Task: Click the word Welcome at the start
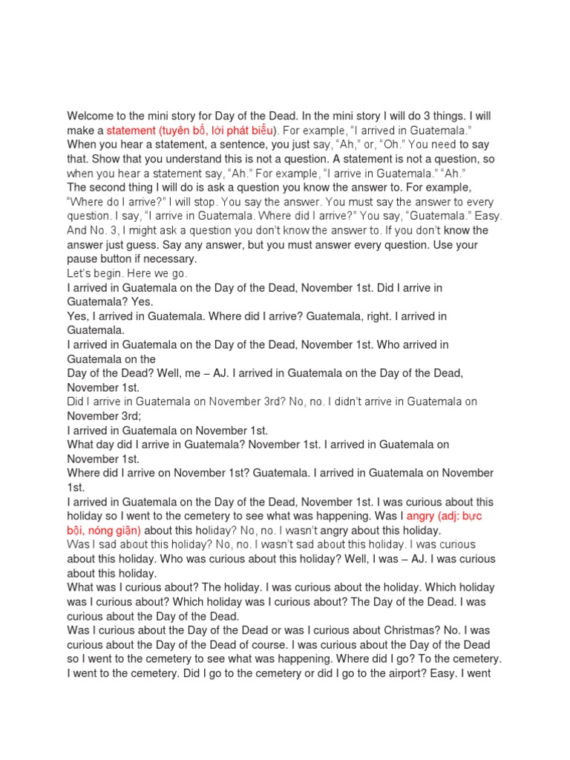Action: coord(92,116)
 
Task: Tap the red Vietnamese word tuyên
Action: coord(180,130)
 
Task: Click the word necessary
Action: coord(172,259)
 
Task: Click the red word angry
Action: coord(423,517)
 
